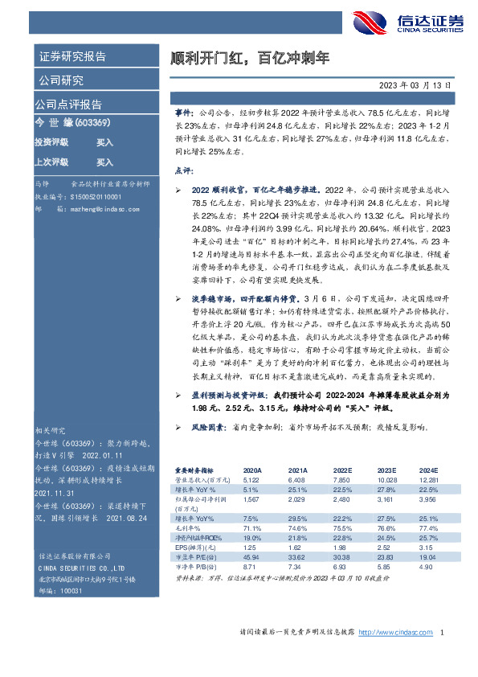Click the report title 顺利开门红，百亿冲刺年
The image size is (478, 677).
point(251,59)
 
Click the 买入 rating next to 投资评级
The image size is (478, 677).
point(104,142)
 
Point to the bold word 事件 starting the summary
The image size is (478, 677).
point(184,115)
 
